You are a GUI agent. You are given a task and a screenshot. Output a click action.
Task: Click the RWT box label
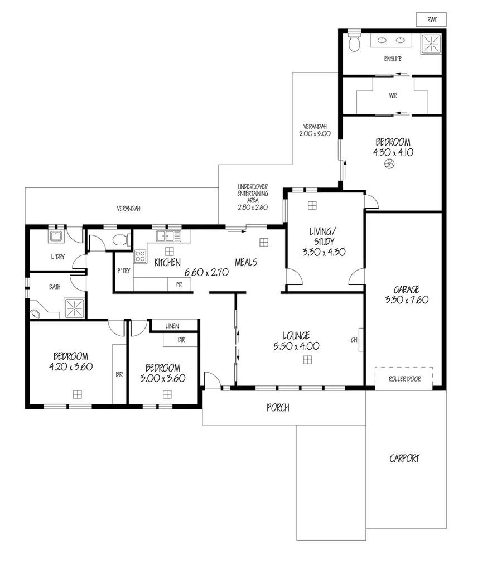431,20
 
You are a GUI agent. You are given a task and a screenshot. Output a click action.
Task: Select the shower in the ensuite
431,43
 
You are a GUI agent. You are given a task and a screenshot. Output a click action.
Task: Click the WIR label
393,95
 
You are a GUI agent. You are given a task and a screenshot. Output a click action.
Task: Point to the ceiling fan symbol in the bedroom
390,164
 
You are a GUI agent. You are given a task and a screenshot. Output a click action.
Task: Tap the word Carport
404,459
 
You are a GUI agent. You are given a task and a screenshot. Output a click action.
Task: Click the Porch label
277,408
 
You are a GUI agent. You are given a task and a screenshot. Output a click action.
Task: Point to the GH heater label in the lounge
354,340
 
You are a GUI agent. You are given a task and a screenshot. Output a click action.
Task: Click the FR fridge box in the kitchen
179,284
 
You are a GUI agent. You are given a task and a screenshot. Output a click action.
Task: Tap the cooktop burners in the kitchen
139,257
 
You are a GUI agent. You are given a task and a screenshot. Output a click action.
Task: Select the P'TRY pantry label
123,271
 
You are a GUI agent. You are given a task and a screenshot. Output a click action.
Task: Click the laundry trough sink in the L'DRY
55,236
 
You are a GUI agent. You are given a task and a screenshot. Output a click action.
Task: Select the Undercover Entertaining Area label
253,196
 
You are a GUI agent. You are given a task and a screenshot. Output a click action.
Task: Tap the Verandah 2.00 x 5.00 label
316,129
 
